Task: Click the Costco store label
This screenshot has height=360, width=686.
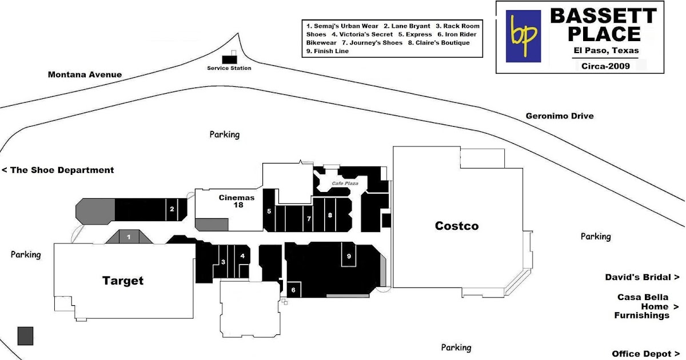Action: click(x=457, y=226)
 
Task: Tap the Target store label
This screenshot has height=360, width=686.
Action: click(x=123, y=281)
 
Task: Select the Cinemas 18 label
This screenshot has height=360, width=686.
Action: click(x=237, y=201)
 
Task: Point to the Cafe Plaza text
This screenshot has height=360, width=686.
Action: click(x=345, y=183)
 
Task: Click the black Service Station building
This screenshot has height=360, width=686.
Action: click(x=229, y=59)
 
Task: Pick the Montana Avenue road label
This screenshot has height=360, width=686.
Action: click(x=85, y=74)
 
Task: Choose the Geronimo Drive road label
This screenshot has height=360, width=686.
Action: click(x=560, y=116)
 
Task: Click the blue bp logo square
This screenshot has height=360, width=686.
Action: click(x=523, y=36)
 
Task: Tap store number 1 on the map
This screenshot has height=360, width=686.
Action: click(x=129, y=237)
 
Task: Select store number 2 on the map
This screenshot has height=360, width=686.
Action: click(x=172, y=209)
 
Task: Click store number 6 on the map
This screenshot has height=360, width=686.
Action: click(x=293, y=290)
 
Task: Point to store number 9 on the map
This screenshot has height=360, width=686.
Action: click(x=349, y=256)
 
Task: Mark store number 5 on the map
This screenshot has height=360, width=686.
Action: click(x=269, y=211)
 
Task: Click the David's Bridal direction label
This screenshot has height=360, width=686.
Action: click(x=642, y=277)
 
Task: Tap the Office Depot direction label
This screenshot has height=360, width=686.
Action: click(x=645, y=354)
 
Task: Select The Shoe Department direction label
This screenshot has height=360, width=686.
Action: click(x=58, y=170)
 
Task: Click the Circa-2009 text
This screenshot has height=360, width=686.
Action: click(x=605, y=66)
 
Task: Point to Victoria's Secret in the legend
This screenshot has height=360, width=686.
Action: click(x=362, y=34)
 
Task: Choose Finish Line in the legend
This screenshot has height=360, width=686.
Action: click(x=328, y=51)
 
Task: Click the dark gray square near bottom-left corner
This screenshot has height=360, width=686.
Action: click(x=25, y=336)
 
